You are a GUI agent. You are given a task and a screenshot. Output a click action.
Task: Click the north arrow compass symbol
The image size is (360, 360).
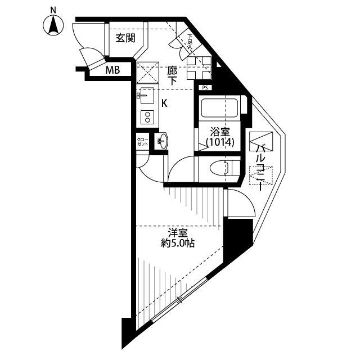(53, 26)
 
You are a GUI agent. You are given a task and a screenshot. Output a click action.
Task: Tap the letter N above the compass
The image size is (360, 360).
(53, 10)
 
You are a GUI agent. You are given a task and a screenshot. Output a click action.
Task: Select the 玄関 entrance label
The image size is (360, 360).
(125, 38)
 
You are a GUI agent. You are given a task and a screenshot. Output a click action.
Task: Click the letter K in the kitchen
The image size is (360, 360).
(164, 103)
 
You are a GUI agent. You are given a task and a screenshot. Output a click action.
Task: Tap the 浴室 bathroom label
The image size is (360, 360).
(219, 132)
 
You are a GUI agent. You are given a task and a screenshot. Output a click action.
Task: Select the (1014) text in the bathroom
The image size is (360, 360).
(219, 143)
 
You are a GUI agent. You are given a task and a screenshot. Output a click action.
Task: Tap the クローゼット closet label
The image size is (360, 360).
(142, 142)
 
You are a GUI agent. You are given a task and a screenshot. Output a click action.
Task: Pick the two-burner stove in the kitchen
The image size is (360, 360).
(148, 117)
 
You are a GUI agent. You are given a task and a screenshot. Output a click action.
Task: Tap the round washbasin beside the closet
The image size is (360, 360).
(162, 141)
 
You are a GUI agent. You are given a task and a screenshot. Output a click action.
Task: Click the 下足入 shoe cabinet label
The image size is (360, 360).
(191, 40)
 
